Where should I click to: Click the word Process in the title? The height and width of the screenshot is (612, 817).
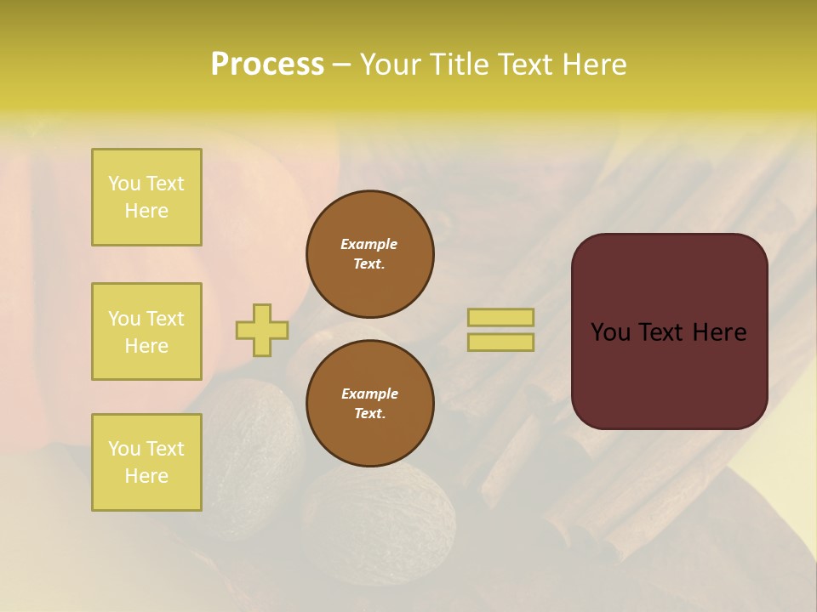click(x=267, y=65)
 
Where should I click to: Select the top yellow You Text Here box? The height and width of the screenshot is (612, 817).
click(x=146, y=197)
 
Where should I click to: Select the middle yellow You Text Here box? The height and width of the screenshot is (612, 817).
click(x=146, y=331)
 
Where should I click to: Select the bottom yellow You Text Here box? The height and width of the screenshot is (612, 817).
click(x=146, y=462)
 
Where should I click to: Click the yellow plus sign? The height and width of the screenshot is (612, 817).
click(x=262, y=330)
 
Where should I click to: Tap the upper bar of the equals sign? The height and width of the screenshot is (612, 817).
click(x=500, y=318)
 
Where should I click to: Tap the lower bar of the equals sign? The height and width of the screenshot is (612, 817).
click(x=500, y=343)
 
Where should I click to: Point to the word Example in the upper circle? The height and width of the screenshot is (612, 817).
click(x=369, y=244)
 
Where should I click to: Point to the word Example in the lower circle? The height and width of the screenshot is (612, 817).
click(x=369, y=394)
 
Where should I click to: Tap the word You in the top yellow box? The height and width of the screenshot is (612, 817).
click(x=124, y=184)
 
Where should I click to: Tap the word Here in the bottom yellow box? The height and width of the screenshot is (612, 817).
click(x=146, y=476)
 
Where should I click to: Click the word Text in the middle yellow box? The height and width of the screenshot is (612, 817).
click(x=166, y=319)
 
